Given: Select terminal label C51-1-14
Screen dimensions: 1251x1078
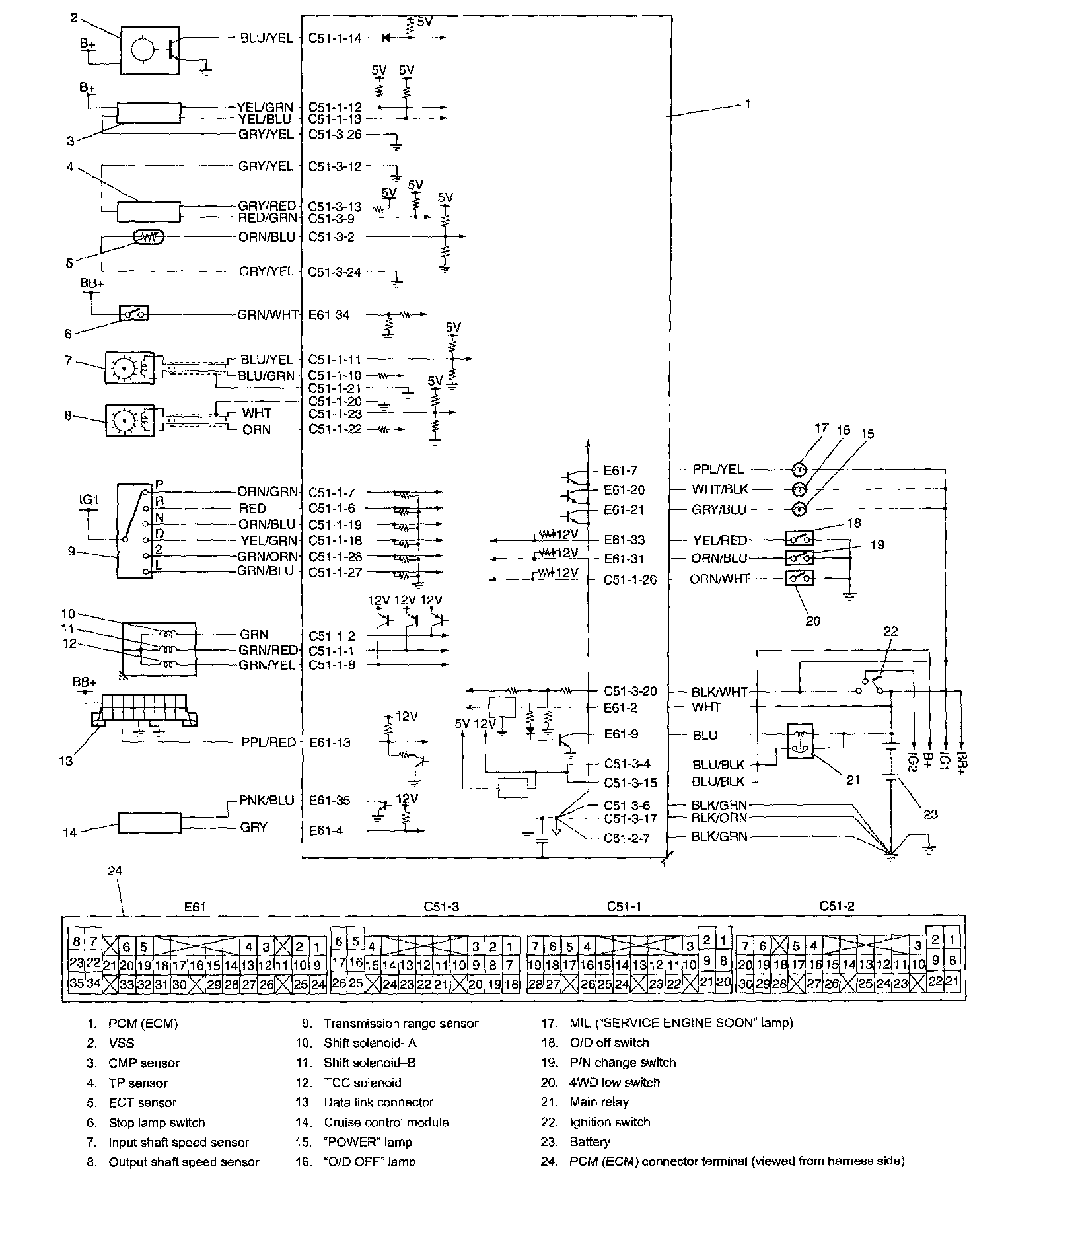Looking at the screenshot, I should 335,38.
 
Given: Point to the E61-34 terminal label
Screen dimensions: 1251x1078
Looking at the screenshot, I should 330,315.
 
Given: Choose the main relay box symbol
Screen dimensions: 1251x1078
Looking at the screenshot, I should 800,741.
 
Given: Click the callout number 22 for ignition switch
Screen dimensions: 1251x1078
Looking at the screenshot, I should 890,631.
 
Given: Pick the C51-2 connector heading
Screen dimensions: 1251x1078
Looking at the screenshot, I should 837,906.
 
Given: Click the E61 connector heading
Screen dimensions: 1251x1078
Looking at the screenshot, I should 195,907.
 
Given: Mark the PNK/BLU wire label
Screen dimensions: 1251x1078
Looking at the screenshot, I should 266,801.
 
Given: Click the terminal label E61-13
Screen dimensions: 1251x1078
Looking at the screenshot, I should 330,742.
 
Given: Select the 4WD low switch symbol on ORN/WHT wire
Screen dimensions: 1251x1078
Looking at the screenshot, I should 799,579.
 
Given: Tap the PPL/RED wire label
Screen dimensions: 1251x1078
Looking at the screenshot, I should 268,742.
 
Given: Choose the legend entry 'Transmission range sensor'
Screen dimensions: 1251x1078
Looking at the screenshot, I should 400,1023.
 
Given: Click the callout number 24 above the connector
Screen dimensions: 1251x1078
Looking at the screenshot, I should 115,871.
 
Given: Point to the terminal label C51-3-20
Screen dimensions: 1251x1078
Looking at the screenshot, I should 630,692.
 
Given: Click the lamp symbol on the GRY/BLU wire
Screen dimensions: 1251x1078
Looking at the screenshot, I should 799,509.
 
